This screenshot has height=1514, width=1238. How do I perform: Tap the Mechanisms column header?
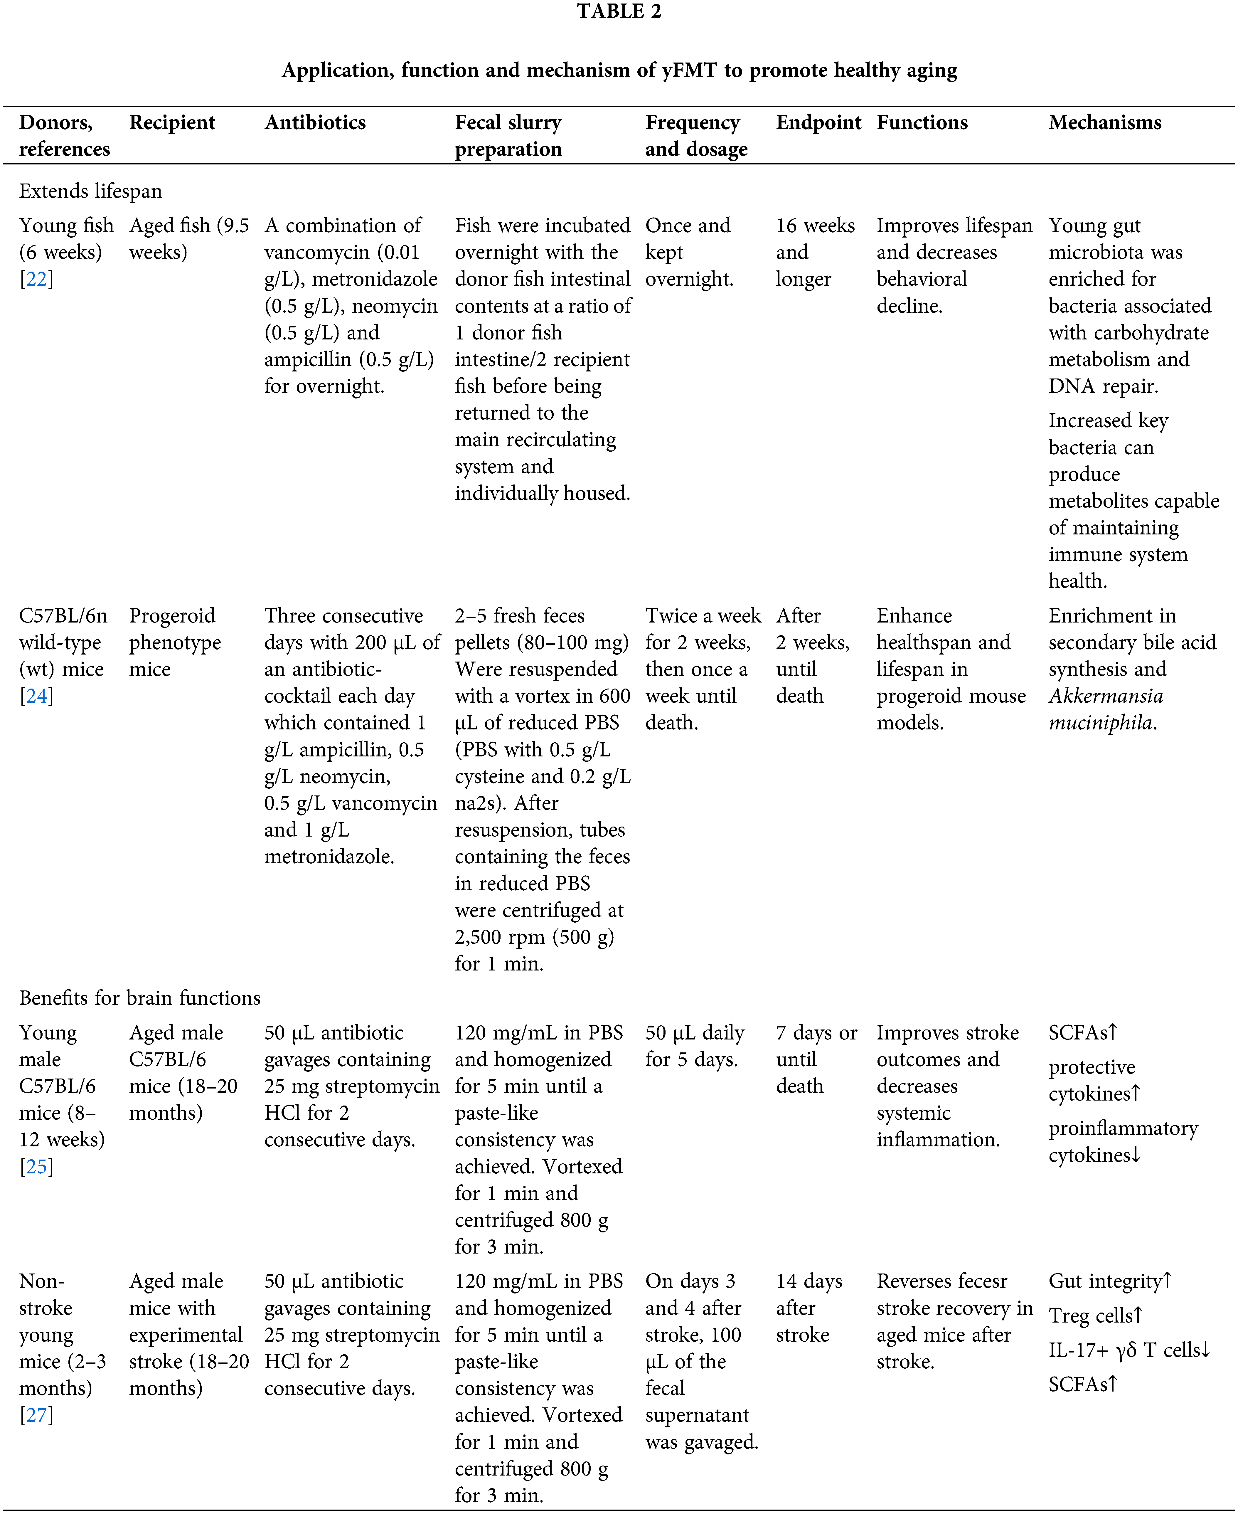[x=1105, y=123]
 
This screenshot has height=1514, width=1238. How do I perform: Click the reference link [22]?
[x=36, y=279]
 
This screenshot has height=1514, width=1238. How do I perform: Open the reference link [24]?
[x=36, y=696]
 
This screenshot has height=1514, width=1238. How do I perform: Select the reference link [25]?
[x=36, y=1167]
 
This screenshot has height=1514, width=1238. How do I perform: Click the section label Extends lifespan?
[x=91, y=191]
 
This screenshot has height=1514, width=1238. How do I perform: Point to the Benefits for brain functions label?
[x=140, y=998]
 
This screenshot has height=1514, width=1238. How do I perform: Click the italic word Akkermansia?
[x=1105, y=696]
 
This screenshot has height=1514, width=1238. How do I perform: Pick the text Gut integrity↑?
[x=1110, y=1281]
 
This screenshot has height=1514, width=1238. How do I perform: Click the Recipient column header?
[x=172, y=123]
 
